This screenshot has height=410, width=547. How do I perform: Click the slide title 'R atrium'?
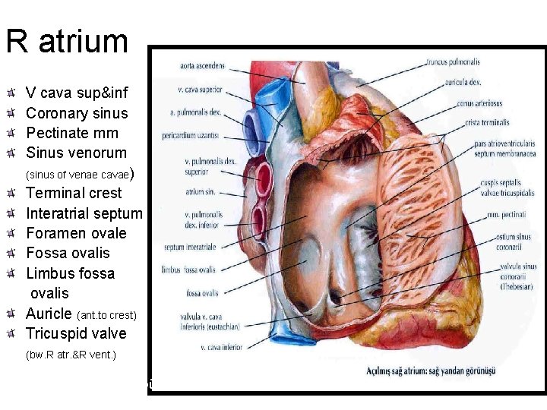coord(67,41)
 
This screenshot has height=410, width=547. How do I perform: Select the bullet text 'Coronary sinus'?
coord(77,113)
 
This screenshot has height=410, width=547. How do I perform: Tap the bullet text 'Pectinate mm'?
coord(72,133)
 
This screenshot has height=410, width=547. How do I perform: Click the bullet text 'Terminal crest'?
coord(74,193)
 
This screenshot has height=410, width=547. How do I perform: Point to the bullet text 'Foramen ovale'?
coord(76,233)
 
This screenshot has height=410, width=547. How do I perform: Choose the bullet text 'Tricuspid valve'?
coord(76,333)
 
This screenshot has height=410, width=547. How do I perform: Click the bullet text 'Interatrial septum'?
coord(84,213)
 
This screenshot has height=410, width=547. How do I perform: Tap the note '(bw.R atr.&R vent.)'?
coord(71,355)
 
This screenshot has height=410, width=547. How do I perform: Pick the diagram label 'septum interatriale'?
coord(190,247)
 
